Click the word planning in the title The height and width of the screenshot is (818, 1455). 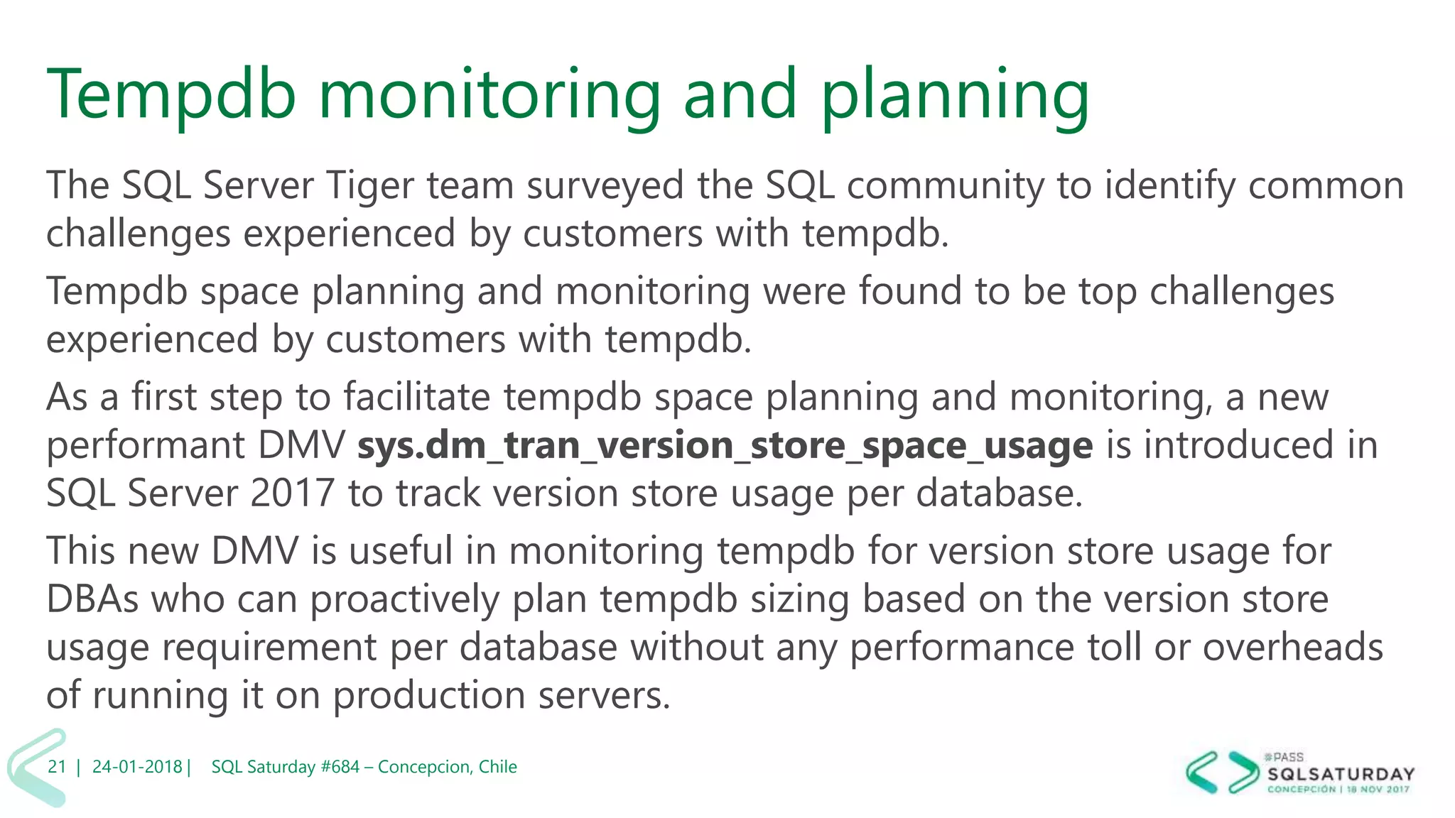954,96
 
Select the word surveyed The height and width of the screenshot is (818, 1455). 604,186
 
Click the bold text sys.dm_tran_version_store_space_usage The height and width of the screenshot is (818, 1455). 725,446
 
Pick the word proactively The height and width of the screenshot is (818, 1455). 404,599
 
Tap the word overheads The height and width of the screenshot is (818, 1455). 1292,647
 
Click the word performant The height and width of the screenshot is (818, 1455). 145,446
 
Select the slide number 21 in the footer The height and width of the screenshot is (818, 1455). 57,767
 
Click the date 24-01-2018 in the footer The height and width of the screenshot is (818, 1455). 137,767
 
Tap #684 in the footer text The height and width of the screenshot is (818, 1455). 340,767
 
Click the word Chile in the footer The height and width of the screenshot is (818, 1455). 497,767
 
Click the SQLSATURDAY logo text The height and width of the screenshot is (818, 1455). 1341,774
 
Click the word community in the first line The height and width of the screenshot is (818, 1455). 945,186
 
